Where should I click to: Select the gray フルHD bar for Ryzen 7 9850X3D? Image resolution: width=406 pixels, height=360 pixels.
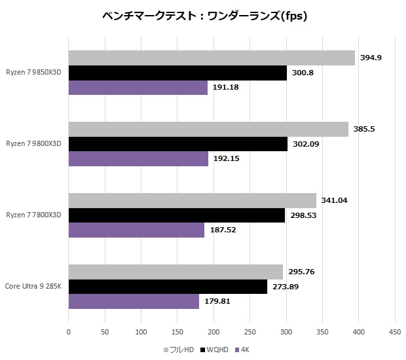click(212, 58)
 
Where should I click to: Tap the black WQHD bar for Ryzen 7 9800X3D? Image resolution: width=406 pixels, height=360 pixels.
click(177, 144)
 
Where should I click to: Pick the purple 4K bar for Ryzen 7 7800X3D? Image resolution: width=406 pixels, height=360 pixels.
click(136, 230)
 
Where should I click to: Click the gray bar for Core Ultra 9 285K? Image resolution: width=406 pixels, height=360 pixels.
click(175, 272)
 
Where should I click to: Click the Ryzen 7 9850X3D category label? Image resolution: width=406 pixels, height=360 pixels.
click(33, 73)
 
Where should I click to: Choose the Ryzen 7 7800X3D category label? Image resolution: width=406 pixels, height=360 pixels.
click(33, 215)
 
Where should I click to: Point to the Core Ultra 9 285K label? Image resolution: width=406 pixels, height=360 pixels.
click(33, 287)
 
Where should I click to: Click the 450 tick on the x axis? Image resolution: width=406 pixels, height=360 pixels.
click(394, 333)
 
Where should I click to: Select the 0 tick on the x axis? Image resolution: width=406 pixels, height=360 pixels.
click(69, 333)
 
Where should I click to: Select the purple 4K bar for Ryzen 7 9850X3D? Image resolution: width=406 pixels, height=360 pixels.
click(138, 88)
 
